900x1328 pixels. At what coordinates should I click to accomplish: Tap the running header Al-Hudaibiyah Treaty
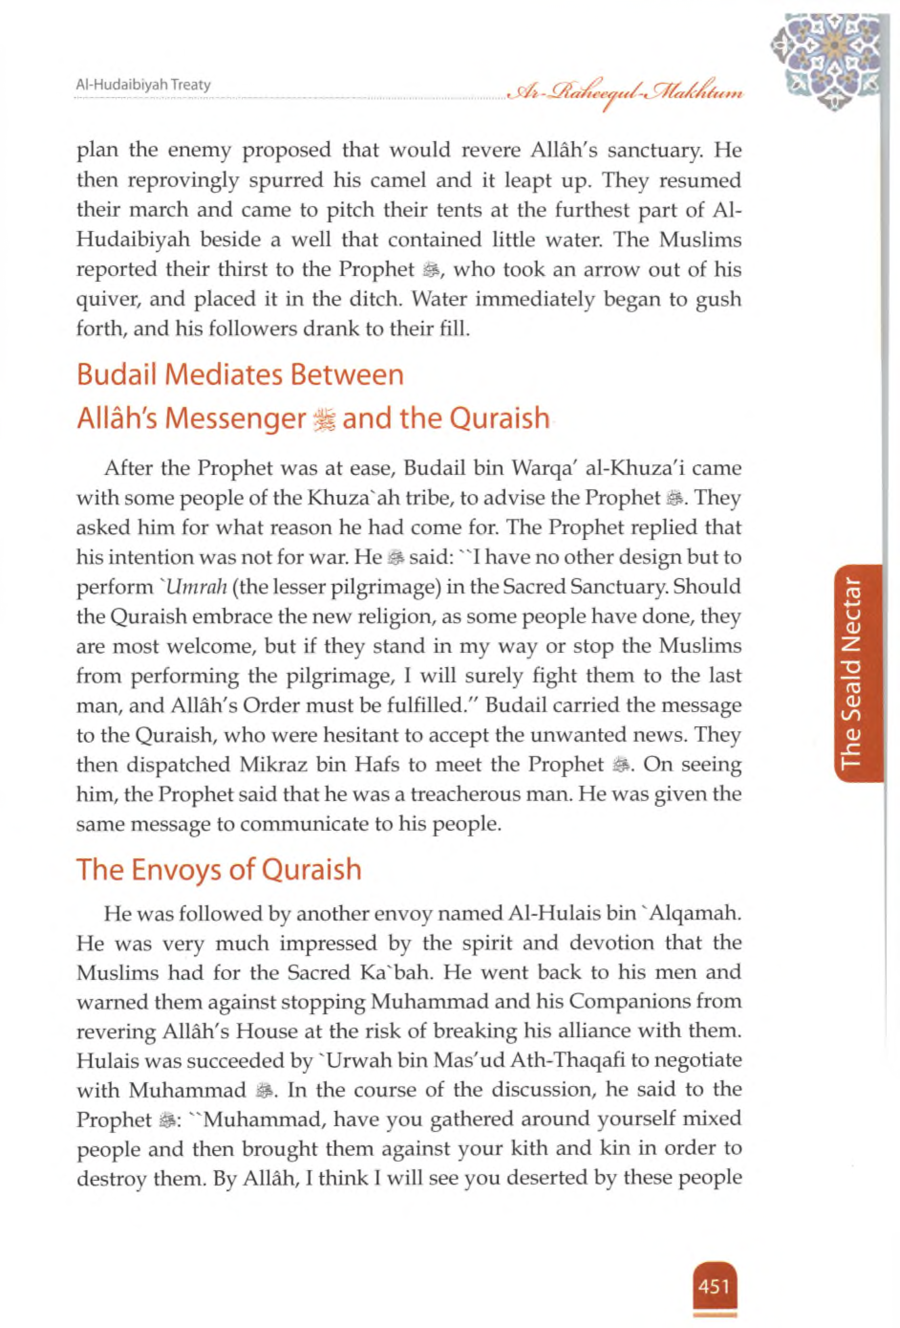click(x=143, y=86)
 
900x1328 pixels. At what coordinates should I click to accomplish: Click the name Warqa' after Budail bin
click(x=542, y=469)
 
